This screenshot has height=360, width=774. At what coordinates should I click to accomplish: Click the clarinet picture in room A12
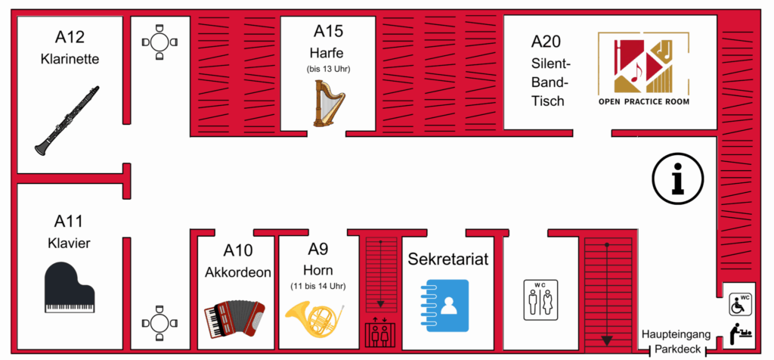tap(67, 120)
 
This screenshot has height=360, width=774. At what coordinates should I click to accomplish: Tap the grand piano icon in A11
tap(70, 287)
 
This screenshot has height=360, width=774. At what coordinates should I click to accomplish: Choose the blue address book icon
tap(448, 306)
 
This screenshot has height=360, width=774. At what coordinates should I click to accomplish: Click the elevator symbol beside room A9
tap(379, 333)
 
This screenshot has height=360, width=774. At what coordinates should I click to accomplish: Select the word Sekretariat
tap(448, 259)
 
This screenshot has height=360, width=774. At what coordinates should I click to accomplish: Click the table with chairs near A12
tap(159, 42)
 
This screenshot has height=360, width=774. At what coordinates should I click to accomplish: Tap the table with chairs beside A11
tap(159, 324)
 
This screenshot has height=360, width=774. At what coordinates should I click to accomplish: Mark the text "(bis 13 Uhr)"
tap(329, 69)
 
